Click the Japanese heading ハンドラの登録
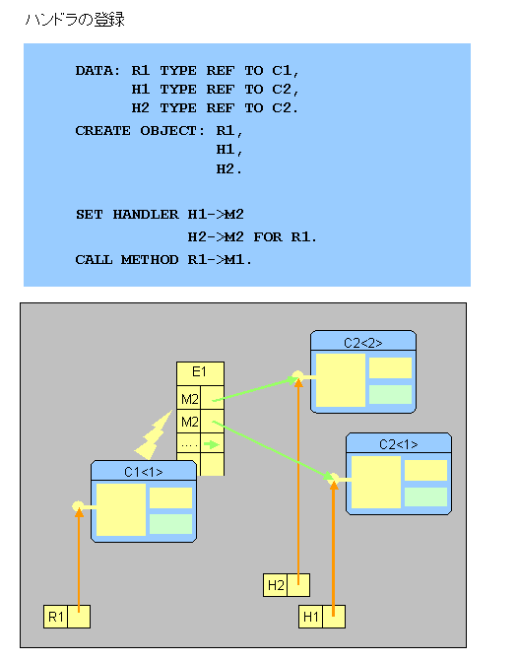tap(75, 20)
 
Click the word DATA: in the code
tap(97, 70)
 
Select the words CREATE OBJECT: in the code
tap(140, 131)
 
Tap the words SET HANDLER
tap(127, 215)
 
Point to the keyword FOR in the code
tap(268, 237)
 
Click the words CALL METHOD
tap(127, 260)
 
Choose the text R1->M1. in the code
tap(220, 260)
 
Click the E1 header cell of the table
tap(200, 373)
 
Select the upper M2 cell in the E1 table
tap(188, 398)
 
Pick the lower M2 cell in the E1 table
tap(188, 422)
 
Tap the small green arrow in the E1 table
tap(212, 444)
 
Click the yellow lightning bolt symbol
tap(154, 435)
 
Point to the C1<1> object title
tap(144, 472)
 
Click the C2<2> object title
tap(363, 343)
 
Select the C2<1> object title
tap(399, 444)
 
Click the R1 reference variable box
tap(67, 617)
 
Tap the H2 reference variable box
tap(287, 585)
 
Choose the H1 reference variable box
tap(322, 617)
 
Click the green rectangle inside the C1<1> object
tap(170, 524)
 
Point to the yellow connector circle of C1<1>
tap(78, 505)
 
